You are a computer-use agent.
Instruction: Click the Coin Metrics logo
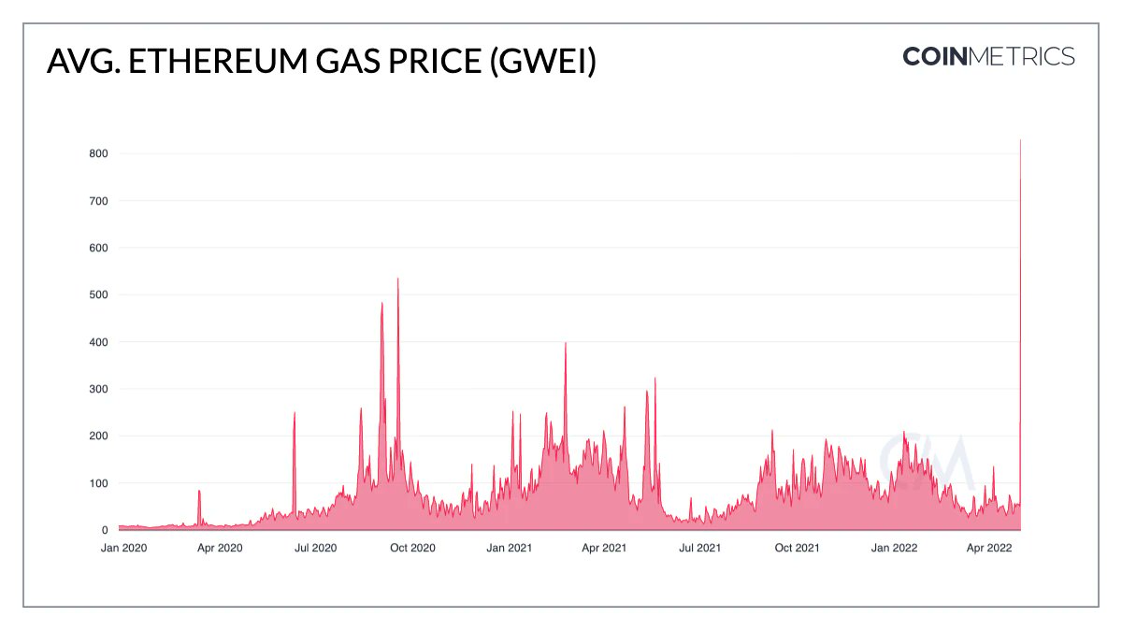[988, 56]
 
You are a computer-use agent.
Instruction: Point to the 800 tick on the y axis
[98, 153]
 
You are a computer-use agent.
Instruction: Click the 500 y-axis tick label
[98, 294]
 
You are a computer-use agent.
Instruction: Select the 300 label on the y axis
[98, 389]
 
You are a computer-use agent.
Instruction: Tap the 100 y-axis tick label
[98, 483]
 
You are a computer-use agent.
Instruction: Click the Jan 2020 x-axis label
[123, 548]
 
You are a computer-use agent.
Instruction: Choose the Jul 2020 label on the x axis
[315, 548]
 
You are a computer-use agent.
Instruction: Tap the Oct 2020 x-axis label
[411, 548]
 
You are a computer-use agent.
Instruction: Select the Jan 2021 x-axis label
[509, 548]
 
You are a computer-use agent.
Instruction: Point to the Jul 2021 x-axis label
[699, 548]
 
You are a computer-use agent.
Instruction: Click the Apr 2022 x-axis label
[989, 548]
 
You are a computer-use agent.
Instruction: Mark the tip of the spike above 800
[1020, 141]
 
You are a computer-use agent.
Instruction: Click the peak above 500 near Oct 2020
[398, 279]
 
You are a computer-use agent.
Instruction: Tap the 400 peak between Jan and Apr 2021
[566, 343]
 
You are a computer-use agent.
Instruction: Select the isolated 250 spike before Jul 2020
[295, 413]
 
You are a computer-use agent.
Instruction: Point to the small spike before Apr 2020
[199, 491]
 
